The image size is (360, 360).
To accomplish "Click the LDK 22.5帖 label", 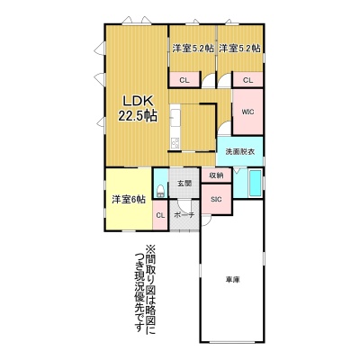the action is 138,109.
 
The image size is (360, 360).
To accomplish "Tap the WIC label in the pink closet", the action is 248,112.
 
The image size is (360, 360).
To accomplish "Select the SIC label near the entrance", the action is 216,199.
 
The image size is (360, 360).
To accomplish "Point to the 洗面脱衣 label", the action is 240,151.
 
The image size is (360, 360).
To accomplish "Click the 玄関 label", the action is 184,184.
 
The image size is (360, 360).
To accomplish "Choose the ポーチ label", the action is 184,215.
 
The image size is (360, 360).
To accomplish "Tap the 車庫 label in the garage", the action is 233,280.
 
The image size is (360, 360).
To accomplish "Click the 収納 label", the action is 216,175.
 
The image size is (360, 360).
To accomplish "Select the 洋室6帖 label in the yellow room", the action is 129,200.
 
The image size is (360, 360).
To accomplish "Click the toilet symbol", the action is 161,191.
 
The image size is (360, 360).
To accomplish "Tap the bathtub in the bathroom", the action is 256,184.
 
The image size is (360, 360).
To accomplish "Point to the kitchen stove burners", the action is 175,143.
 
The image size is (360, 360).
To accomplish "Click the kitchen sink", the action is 175,118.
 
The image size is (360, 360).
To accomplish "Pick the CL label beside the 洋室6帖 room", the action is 160,215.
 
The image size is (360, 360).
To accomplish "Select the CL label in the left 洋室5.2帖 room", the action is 184,80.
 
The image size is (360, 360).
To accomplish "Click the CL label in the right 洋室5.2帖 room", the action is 248,80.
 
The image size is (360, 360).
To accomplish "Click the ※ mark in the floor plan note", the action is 149,249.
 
